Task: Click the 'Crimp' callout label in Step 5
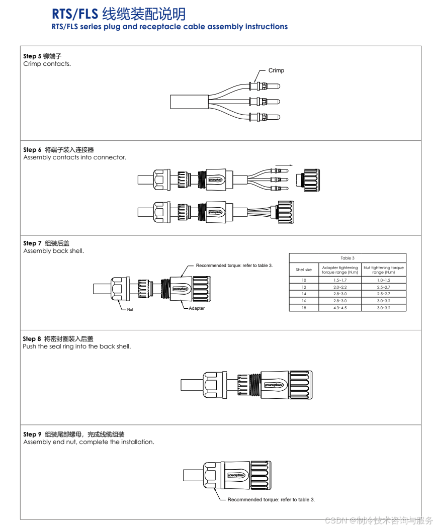[x=276, y=70]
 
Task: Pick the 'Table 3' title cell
[x=347, y=258]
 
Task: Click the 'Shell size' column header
[x=304, y=270]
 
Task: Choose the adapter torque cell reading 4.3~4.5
[x=340, y=307]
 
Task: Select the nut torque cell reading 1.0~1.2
[x=384, y=280]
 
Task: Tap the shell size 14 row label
[x=304, y=294]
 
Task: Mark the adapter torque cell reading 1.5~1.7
[x=340, y=280]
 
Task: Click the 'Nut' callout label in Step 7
[x=130, y=309]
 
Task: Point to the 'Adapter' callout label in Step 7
[x=197, y=308]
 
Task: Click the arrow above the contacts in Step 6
[x=284, y=164]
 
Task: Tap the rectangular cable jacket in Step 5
[x=190, y=102]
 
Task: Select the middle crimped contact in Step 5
[x=264, y=102]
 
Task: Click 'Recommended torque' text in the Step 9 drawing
[x=271, y=500]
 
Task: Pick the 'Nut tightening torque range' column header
[x=384, y=270]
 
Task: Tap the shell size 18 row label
[x=304, y=307]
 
